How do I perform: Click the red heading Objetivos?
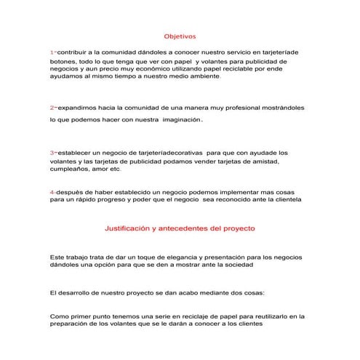[179, 35]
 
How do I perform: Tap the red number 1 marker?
[52, 53]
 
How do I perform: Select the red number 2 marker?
[52, 107]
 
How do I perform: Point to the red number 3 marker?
[52, 153]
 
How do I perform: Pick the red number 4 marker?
[52, 191]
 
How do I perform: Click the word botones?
[63, 63]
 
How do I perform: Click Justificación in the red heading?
[134, 228]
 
